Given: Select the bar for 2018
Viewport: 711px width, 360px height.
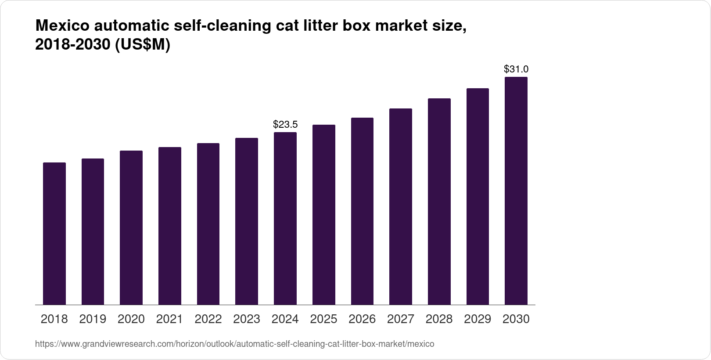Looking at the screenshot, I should coord(54,234).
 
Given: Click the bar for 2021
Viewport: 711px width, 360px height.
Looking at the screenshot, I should coord(170,226).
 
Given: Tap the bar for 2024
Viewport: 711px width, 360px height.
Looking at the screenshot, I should coord(285,219).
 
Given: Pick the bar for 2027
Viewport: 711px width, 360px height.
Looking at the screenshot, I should coord(401,207).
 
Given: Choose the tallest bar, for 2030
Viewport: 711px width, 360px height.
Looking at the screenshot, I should coord(516,191).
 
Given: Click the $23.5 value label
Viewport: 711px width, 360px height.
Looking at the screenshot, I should coord(285,125).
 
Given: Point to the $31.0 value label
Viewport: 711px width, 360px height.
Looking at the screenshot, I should coord(516,69).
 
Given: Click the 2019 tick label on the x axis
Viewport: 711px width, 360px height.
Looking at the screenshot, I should coord(93,319).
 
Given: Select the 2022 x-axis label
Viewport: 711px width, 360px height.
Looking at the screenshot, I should coord(208,319).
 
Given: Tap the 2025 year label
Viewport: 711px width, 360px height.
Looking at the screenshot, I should coord(323,319).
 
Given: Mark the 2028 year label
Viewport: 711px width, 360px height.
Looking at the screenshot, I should coord(439,319).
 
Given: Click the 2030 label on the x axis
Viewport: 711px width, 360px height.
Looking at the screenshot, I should coord(516,319).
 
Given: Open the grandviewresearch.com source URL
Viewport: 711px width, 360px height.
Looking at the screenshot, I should coord(234,344).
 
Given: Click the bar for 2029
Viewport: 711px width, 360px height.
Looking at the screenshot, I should coord(478,197).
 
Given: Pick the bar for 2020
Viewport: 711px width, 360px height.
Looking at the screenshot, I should coord(131,228).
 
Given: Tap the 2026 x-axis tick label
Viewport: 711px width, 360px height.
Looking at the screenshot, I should coord(362,319).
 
